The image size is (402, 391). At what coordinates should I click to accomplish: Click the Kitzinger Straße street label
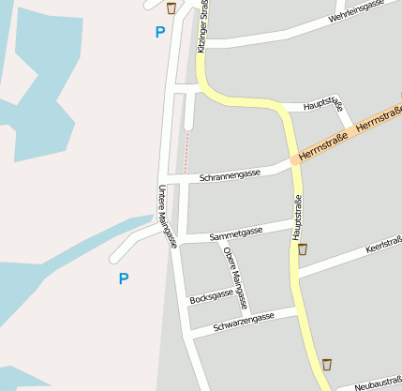coord(202,26)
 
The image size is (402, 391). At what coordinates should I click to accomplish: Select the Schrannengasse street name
coord(231,175)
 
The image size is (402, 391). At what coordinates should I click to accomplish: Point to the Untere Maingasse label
coord(168,217)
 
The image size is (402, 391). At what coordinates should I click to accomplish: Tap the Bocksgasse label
coord(211,296)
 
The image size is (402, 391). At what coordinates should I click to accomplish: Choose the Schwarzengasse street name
coord(244,322)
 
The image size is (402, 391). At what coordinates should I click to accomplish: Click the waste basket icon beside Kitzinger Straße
coord(171,8)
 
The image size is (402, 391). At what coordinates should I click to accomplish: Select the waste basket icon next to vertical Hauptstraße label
coord(303,248)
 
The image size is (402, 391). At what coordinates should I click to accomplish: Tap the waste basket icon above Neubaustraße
coord(327,364)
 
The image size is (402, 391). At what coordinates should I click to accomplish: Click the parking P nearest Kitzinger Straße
coord(159,32)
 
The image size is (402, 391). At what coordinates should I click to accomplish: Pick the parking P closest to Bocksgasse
coord(123,278)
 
